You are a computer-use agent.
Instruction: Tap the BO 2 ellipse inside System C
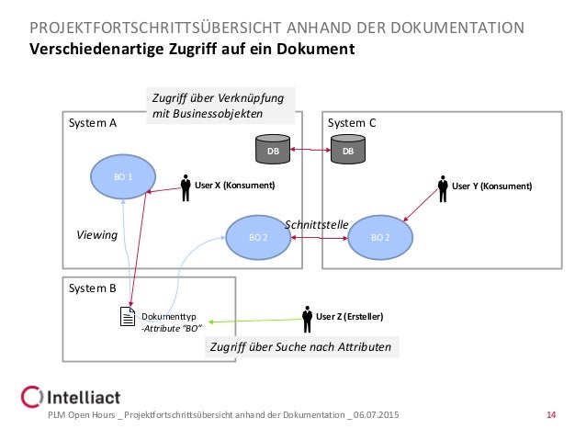pyautogui.click(x=378, y=237)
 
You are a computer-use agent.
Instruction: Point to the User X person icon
pyautogui.click(x=186, y=184)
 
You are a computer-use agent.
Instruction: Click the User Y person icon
pyautogui.click(x=443, y=185)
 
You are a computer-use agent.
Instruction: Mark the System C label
pyautogui.click(x=352, y=123)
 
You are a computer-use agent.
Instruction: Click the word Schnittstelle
pyautogui.click(x=316, y=224)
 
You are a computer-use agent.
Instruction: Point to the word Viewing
pyautogui.click(x=96, y=235)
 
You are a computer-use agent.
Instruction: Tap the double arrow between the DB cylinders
pyautogui.click(x=310, y=150)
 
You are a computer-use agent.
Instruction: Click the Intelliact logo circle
pyautogui.click(x=31, y=399)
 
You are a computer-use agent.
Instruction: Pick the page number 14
pyautogui.click(x=551, y=419)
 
